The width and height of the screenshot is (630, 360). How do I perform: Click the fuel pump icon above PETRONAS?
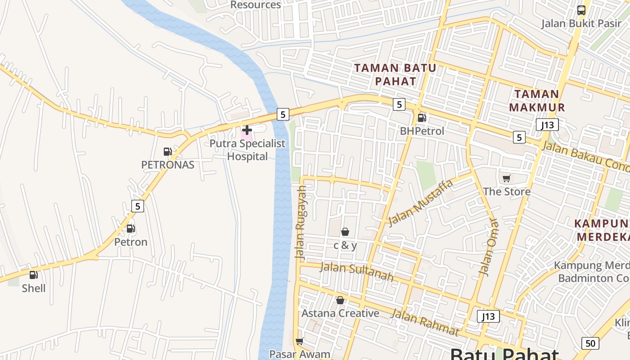coord(167,152)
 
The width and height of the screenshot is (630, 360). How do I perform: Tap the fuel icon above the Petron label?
coord(130,229)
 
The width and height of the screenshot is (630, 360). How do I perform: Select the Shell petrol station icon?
coord(34,274)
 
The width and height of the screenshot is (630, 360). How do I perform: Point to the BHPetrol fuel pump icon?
coord(422,118)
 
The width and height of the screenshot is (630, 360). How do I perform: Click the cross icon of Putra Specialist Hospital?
coord(247,130)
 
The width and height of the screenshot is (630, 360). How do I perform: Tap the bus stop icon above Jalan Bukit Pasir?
coord(581,10)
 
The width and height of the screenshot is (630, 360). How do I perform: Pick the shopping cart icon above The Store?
coord(507,178)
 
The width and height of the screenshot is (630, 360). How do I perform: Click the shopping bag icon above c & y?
coord(345,232)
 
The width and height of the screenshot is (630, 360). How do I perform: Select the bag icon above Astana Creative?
coord(340,300)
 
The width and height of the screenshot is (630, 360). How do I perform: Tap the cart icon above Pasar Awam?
coord(299,342)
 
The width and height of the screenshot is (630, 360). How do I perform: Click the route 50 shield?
coord(590,343)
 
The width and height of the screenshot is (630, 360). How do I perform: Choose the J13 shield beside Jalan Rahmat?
coord(488,316)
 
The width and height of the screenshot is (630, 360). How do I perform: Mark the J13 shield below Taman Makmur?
coord(547,125)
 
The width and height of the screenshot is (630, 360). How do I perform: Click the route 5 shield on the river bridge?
coord(283,114)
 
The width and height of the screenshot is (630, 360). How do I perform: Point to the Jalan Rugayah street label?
coord(301,223)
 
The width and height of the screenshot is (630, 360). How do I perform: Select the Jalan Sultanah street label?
coord(356,272)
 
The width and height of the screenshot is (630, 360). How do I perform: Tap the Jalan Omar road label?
coord(489,247)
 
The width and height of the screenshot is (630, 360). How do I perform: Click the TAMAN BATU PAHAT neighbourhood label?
coord(395,75)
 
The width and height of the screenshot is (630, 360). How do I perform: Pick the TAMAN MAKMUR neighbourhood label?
coord(537,101)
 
